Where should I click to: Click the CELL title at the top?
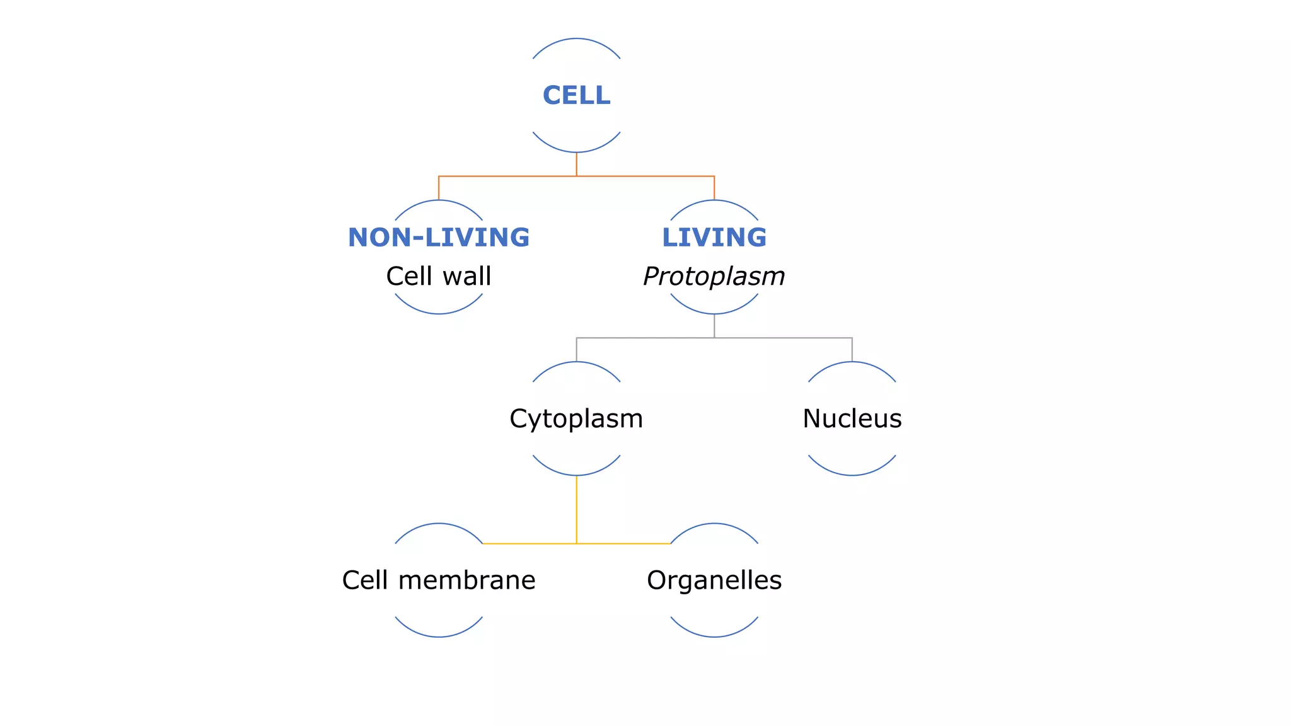point(576,96)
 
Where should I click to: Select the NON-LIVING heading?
point(439,238)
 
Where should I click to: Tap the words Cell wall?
point(439,276)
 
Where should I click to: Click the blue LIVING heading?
point(714,238)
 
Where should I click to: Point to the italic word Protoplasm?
point(714,276)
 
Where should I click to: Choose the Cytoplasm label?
point(576,418)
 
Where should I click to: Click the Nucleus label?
point(852,418)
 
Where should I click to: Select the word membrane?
point(466,580)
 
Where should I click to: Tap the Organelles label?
point(714,580)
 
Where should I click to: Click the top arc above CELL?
point(576,39)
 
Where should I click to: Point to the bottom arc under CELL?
point(576,152)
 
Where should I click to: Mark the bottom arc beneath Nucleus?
point(852,475)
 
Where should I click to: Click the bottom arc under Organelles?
point(714,637)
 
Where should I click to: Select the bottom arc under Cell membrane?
point(439,637)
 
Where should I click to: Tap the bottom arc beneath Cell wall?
point(439,313)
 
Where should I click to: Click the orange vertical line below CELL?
point(576,164)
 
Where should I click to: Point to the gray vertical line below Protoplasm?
point(714,326)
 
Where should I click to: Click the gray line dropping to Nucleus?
point(852,350)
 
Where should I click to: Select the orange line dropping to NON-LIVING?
point(439,188)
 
